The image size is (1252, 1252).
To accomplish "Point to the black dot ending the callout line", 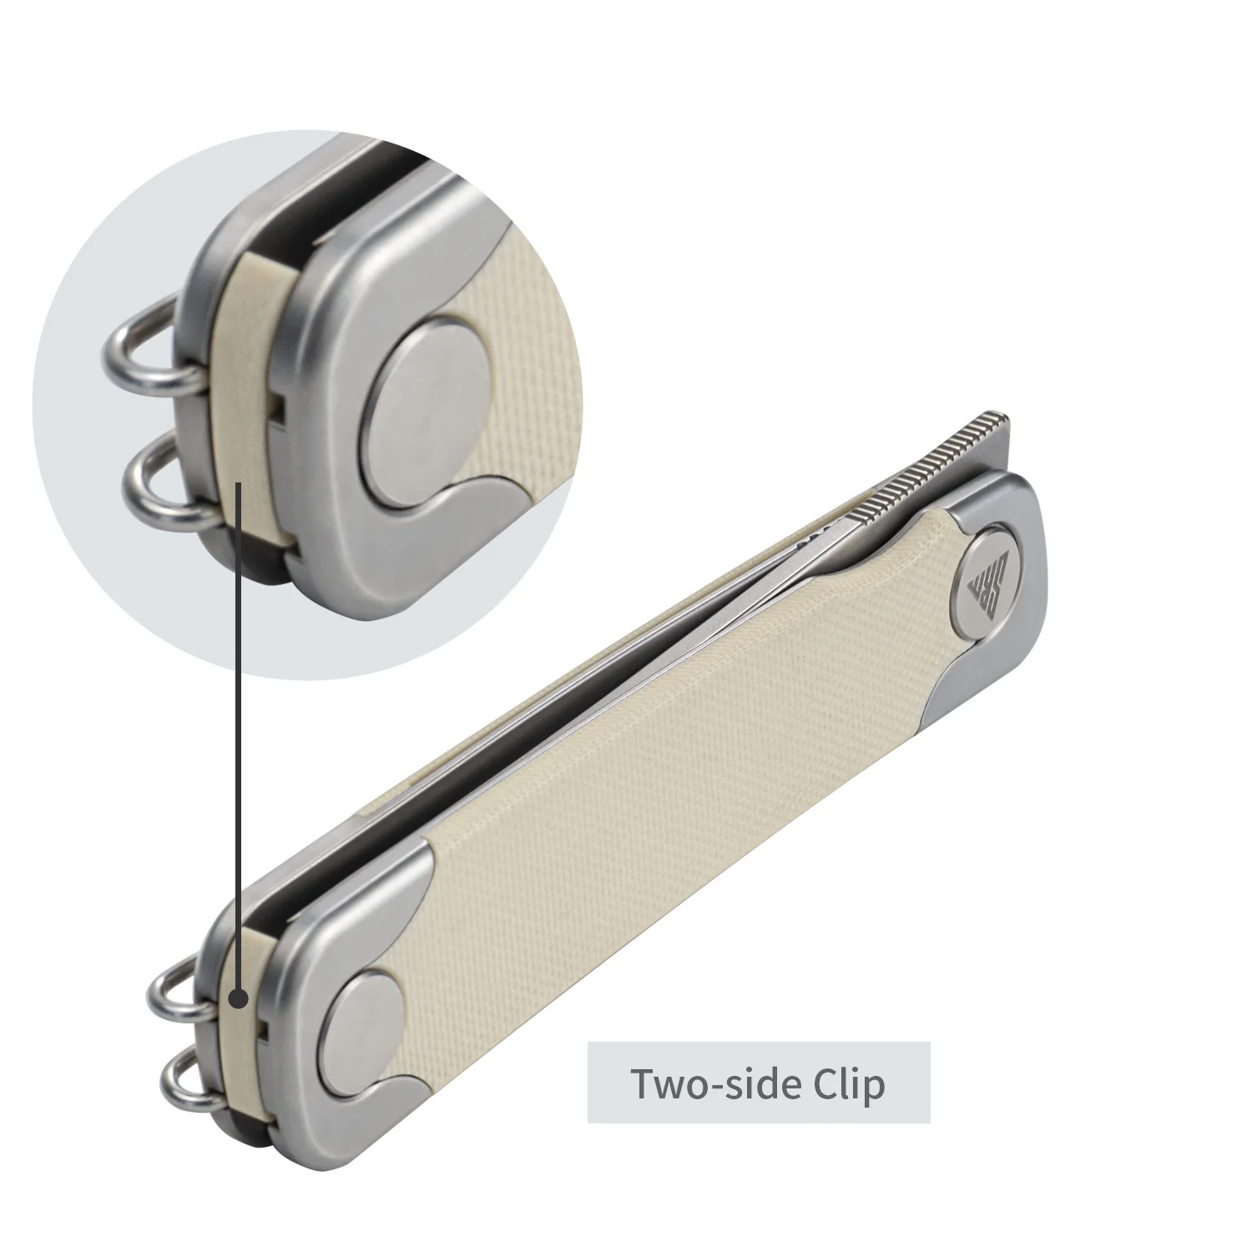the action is (240, 997).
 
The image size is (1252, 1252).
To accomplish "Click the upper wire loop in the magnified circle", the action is (146, 351).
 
